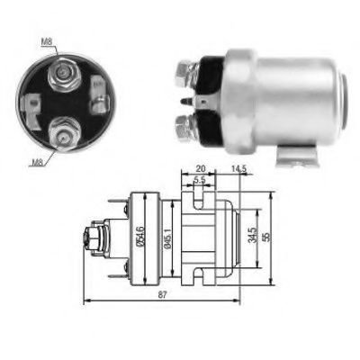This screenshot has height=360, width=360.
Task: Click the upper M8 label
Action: point(47,42)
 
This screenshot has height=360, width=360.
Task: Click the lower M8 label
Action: point(38,163)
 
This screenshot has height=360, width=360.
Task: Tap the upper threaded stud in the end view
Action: point(63,74)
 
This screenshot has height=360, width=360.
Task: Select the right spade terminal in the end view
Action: point(100,94)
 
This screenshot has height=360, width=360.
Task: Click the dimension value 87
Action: point(162,294)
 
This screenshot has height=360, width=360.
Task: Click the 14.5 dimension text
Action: point(238,169)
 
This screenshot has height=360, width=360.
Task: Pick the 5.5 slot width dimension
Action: point(199,180)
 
